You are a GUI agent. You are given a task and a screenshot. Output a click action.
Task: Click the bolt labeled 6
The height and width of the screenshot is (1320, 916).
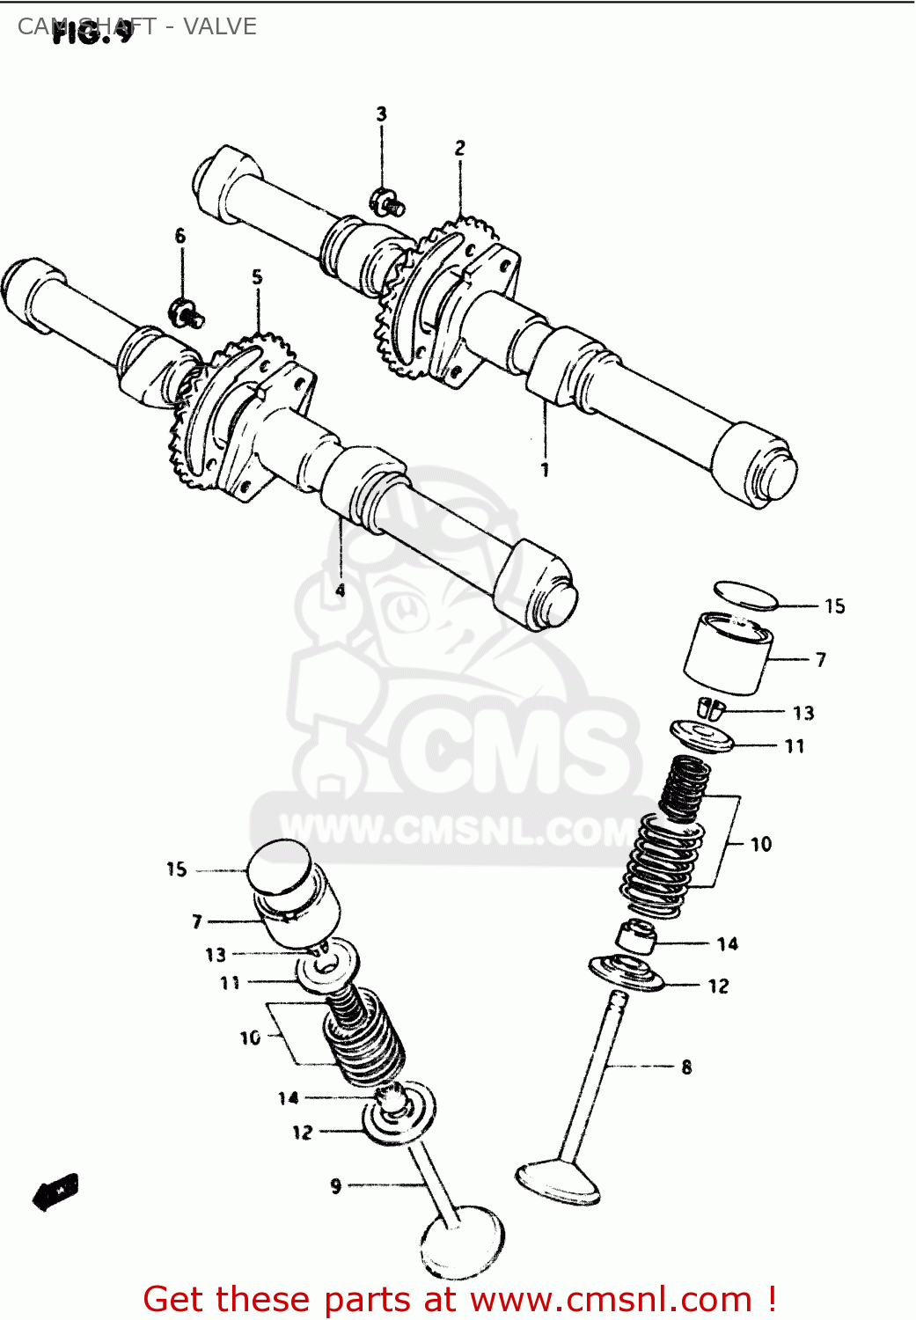[186, 312]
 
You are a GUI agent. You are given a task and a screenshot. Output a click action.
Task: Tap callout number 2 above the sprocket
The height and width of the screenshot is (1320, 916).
[459, 148]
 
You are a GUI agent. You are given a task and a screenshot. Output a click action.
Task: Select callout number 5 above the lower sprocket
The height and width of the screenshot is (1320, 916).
[257, 277]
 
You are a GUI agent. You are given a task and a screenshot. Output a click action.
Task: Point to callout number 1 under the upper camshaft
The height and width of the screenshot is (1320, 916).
[545, 470]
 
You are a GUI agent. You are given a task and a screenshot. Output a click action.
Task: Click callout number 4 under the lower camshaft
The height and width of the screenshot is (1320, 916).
[341, 590]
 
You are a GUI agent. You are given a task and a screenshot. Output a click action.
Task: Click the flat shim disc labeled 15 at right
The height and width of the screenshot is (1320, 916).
[745, 595]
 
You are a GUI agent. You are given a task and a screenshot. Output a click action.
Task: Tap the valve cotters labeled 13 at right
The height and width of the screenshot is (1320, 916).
[710, 708]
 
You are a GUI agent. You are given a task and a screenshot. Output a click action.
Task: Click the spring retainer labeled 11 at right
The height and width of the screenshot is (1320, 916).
[701, 737]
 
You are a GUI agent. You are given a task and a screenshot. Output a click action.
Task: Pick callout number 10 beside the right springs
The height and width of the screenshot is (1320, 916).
[761, 844]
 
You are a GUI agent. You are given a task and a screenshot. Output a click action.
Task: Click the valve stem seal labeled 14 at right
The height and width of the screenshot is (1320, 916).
[635, 936]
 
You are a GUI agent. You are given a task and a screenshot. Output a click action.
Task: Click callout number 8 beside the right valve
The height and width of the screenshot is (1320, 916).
[686, 1067]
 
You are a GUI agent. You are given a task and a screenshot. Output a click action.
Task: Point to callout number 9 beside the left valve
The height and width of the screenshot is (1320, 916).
[335, 1186]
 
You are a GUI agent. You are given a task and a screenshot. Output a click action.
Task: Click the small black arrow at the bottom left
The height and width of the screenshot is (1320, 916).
[55, 1192]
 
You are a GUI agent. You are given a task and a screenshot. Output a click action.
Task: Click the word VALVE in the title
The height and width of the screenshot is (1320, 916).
[220, 26]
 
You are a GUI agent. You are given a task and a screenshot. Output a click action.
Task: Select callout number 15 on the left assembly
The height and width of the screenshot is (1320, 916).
[176, 869]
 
